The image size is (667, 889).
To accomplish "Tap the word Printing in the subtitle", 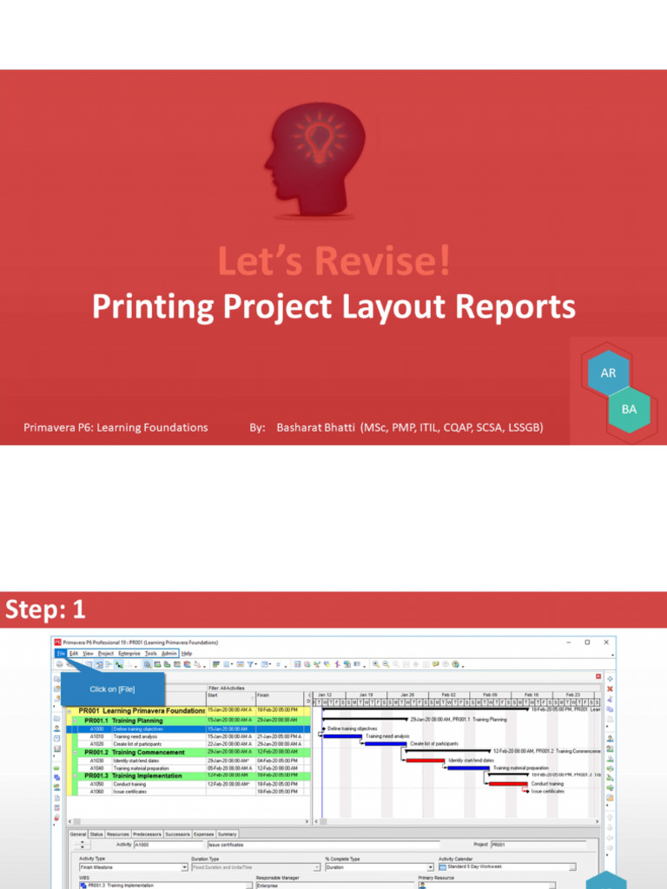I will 154,306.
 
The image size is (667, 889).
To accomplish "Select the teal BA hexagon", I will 629,409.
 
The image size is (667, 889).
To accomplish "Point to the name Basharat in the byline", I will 311,427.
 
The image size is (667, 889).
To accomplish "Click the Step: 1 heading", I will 46,610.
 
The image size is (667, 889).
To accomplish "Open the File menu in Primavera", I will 61,653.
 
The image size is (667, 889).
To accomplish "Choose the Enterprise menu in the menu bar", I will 129,653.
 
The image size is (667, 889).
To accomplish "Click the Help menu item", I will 186,653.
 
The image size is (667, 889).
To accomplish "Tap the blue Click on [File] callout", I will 112,689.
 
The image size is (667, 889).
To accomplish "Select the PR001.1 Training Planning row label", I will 123,720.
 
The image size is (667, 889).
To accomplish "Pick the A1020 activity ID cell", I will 96,744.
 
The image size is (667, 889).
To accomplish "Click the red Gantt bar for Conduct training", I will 508,784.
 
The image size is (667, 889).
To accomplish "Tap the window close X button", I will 604,642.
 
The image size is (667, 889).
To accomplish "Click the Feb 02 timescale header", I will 448,695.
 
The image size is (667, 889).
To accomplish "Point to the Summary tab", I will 227,834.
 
